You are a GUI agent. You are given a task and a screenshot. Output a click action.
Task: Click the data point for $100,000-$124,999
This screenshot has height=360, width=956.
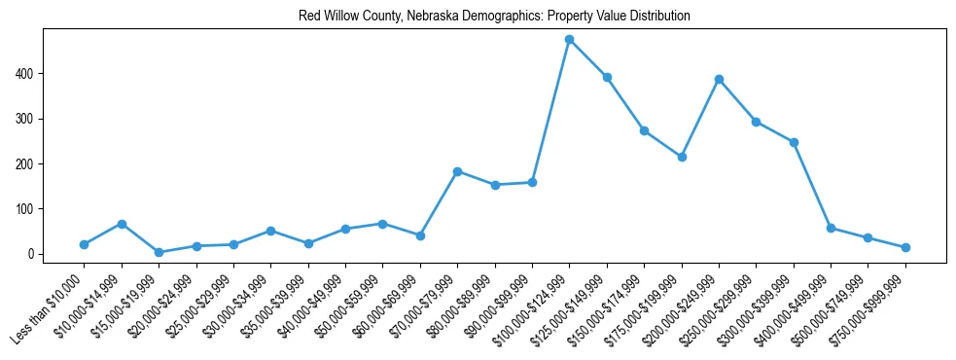coord(569,40)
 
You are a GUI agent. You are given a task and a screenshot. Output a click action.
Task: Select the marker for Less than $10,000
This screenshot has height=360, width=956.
coord(85,244)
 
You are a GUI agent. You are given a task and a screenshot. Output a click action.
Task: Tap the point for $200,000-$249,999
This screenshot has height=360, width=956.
coord(719,80)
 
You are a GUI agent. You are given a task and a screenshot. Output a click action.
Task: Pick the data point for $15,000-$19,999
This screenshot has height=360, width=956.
coord(159,252)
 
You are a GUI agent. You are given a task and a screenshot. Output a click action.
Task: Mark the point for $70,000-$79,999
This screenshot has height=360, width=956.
coord(457,171)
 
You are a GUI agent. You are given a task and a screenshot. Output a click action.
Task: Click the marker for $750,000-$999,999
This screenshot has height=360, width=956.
coord(905,247)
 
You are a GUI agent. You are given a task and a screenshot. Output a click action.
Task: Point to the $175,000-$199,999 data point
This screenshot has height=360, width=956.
coord(682,157)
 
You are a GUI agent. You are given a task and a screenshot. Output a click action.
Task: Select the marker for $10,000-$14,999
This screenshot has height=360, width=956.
coord(122,224)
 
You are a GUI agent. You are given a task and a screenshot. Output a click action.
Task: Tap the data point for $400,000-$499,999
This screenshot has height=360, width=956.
coord(831,228)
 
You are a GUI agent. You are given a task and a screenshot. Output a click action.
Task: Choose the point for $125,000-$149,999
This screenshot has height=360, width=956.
coord(607,77)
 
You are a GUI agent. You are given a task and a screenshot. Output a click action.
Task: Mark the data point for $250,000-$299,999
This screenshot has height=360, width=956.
coord(756,122)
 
